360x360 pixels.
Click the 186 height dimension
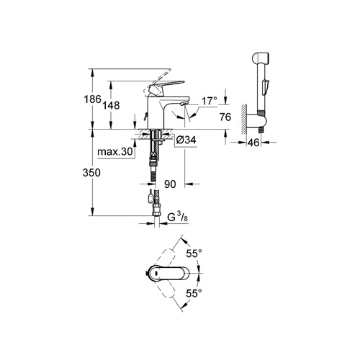pyautogui.click(x=92, y=99)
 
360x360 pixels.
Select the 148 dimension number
pyautogui.click(x=111, y=105)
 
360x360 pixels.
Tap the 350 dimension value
pyautogui.click(x=91, y=173)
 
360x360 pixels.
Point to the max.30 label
pyautogui.click(x=115, y=152)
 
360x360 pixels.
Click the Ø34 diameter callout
pyautogui.click(x=186, y=140)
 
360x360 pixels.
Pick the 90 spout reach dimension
pyautogui.click(x=170, y=184)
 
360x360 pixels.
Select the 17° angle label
pyautogui.click(x=210, y=101)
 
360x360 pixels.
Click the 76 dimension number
pyautogui.click(x=225, y=117)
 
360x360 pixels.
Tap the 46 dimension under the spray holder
pyautogui.click(x=253, y=143)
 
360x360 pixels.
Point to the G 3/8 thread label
pyautogui.click(x=178, y=217)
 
